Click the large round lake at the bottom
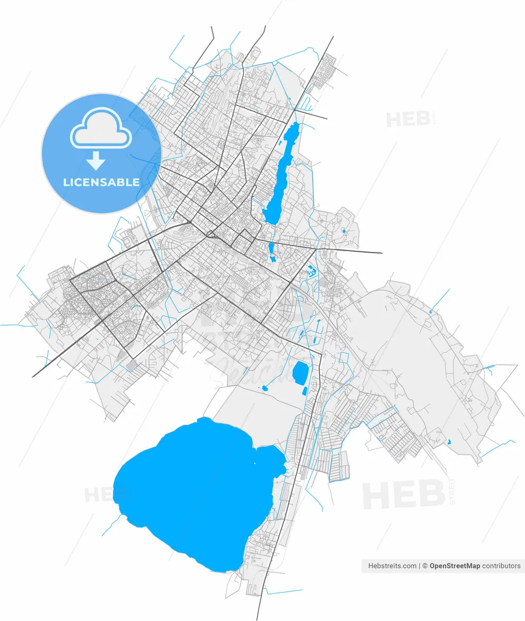(x=194, y=490)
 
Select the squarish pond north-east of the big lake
(x=300, y=372)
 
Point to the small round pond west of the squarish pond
(x=265, y=388)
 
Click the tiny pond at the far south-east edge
(x=448, y=442)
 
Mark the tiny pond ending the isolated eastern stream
(x=430, y=311)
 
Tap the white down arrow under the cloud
(x=96, y=160)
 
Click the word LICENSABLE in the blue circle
(x=102, y=182)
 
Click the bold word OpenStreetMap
(x=455, y=566)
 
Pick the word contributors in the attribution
(x=501, y=566)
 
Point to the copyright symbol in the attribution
(x=425, y=566)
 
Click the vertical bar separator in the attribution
(x=419, y=566)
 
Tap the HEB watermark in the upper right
(x=408, y=119)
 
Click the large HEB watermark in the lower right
(x=404, y=495)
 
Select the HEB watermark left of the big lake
(x=100, y=495)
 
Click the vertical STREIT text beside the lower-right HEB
(x=453, y=491)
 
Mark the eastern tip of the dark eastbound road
(x=382, y=253)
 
